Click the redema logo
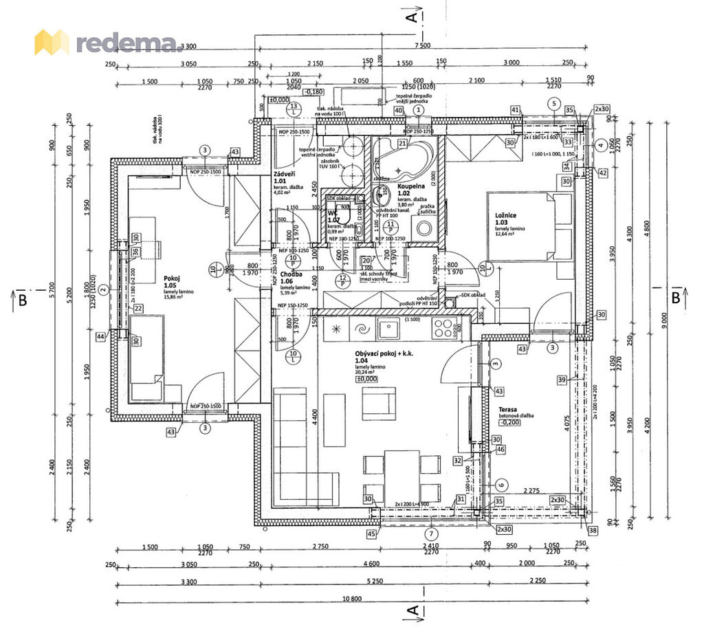pos(108,43)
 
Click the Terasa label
pos(508,409)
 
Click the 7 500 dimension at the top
pos(422,46)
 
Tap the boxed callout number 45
pos(372,534)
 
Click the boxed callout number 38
pos(593,530)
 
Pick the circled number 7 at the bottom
pos(430,533)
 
